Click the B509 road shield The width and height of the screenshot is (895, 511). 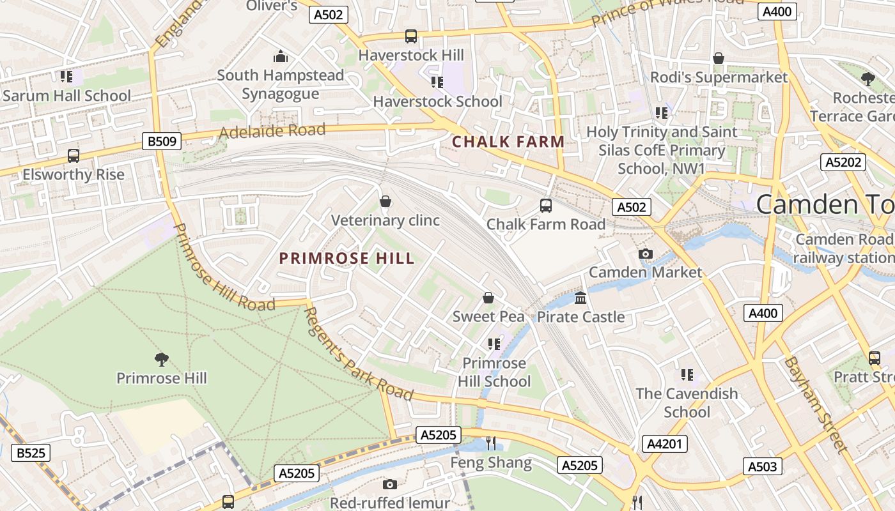pos(162,141)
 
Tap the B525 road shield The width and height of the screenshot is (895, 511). pos(31,453)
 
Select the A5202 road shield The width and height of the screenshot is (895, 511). pos(843,162)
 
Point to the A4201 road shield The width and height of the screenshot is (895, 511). pos(665,444)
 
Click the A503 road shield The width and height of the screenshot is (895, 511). pos(762,466)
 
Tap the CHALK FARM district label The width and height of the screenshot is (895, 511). pos(508,142)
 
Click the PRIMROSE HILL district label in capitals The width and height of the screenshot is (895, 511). pos(347,259)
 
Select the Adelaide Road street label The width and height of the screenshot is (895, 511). pos(272,131)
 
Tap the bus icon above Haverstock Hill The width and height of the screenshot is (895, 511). pos(411,36)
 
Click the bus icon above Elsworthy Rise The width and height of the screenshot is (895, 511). pos(74,156)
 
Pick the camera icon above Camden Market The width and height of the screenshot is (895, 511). pos(645,254)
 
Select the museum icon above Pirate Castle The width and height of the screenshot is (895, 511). pos(580,298)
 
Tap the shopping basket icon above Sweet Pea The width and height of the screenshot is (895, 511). pos(488,298)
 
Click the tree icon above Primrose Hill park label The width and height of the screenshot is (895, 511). pos(162,360)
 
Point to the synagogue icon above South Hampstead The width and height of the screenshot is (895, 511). pos(280,56)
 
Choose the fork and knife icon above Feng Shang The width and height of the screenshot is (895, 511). pos(491,443)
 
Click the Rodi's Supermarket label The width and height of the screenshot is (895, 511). pos(719,77)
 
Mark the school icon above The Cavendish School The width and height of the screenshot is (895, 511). pos(687,375)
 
